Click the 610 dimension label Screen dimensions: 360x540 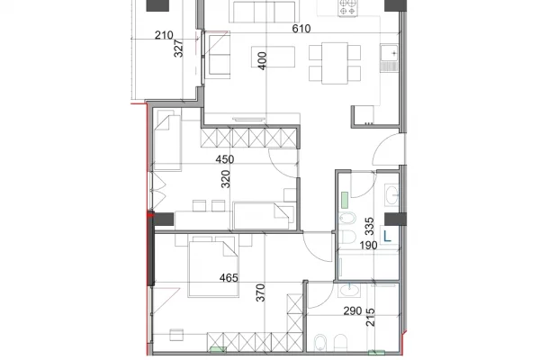(301, 29)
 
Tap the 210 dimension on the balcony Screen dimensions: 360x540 (164, 37)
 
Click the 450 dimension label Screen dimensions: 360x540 (224, 160)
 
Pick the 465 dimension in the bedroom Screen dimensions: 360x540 (228, 279)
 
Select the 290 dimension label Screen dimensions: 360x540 (354, 312)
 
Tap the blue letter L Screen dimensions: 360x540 (386, 237)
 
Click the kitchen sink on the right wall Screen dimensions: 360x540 (389, 60)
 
